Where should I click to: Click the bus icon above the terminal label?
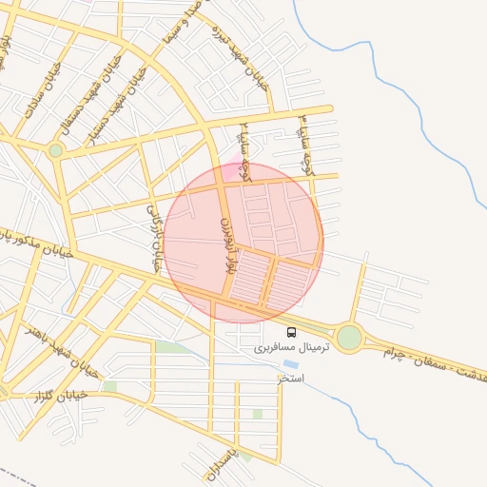(x=291, y=333)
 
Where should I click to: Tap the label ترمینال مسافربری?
(x=291, y=349)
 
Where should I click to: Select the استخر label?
(x=290, y=379)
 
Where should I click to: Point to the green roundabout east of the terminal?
(x=349, y=337)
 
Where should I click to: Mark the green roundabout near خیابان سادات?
(x=56, y=150)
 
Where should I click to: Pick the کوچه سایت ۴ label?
(x=305, y=143)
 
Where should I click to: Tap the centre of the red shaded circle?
(x=243, y=243)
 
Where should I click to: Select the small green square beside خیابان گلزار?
(x=110, y=386)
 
